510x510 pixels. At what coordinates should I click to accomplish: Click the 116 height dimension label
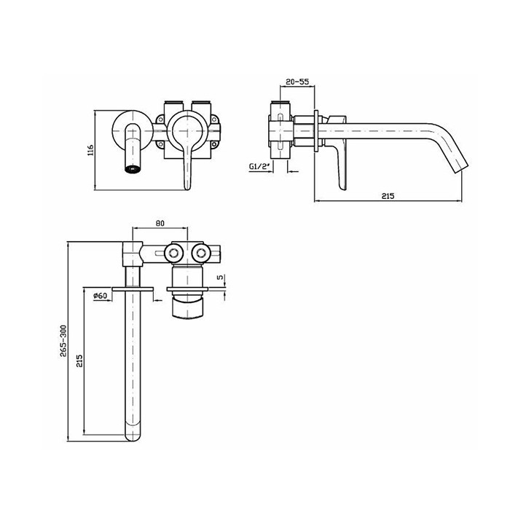click(x=91, y=150)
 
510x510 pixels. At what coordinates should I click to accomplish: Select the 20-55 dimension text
click(x=297, y=82)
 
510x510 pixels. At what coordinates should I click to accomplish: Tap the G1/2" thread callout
click(x=260, y=167)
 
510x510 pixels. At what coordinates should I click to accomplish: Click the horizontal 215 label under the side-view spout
click(x=388, y=196)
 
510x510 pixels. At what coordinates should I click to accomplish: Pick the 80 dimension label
click(x=160, y=223)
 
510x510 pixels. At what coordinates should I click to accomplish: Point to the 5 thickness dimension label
click(x=221, y=277)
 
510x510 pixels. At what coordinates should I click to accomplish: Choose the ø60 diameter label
click(x=101, y=296)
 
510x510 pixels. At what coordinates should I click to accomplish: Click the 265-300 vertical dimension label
click(x=63, y=341)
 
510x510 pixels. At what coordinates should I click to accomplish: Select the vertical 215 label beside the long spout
click(x=79, y=361)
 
